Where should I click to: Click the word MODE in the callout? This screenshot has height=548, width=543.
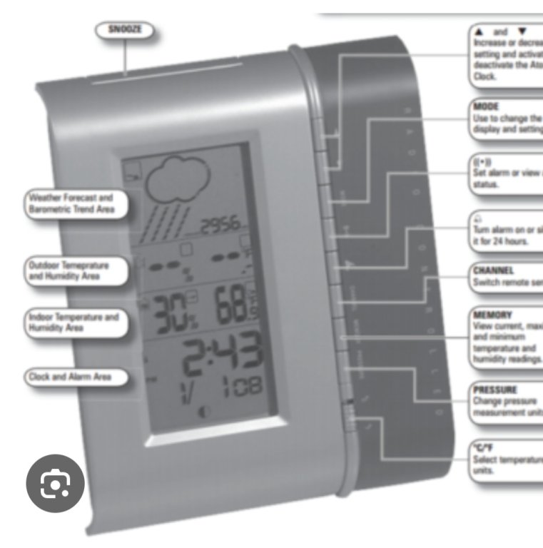click(x=486, y=106)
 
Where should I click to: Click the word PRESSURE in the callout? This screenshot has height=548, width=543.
click(x=494, y=390)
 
